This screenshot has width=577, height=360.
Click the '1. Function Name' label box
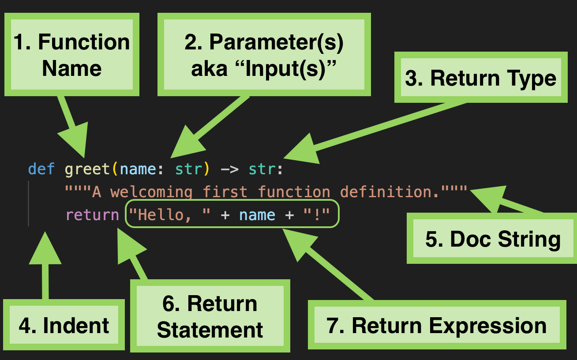[x=72, y=54]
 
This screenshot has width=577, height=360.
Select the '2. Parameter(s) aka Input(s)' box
[x=264, y=54]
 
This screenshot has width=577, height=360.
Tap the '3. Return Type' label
[x=481, y=77]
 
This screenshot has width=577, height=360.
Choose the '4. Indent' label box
[x=64, y=325]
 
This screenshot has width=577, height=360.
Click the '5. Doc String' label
[x=492, y=238]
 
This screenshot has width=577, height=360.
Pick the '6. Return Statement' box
[x=210, y=316]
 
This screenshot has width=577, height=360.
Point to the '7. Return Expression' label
[x=437, y=325]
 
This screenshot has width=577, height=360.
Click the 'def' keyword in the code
[x=41, y=169]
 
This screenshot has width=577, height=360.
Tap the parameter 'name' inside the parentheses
[x=138, y=169]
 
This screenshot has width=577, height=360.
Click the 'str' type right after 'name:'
[x=188, y=169]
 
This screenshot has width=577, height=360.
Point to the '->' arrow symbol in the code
[x=229, y=169]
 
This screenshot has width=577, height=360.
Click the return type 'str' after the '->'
[x=262, y=169]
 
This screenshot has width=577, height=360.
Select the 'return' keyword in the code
[x=93, y=215]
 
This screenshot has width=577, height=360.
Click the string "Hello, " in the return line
[x=170, y=215]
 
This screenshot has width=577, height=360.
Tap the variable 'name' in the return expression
[x=257, y=215]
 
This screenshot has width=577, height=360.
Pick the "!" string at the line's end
[x=317, y=214]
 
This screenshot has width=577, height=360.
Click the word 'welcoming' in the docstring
[x=151, y=192]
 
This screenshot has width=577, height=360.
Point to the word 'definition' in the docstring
[x=386, y=192]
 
